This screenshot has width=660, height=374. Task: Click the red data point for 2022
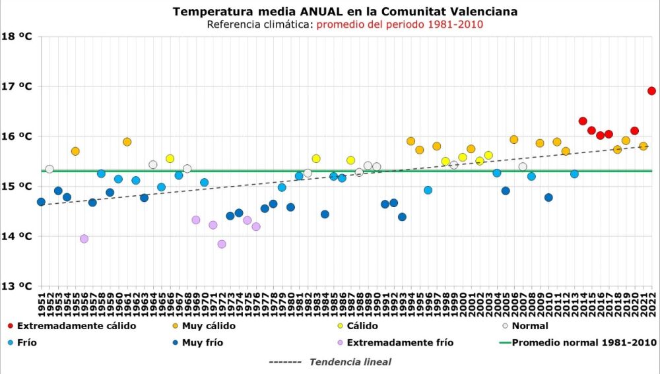click(x=651, y=91)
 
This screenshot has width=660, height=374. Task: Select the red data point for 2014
click(x=583, y=121)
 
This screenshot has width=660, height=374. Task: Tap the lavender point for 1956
click(x=84, y=239)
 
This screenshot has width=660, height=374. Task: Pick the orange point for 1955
click(x=75, y=151)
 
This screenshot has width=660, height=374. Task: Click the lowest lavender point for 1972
click(x=222, y=244)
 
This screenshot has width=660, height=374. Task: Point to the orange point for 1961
click(x=127, y=142)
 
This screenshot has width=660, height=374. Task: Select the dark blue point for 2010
click(x=548, y=197)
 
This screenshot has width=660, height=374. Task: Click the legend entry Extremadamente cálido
click(x=77, y=326)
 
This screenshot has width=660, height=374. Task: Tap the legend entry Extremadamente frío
click(x=400, y=343)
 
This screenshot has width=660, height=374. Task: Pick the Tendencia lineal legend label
click(x=350, y=362)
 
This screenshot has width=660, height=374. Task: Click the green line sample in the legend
click(x=505, y=343)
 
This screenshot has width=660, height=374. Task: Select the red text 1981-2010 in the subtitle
click(x=455, y=24)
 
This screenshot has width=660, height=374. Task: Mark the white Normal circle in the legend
click(x=505, y=326)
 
